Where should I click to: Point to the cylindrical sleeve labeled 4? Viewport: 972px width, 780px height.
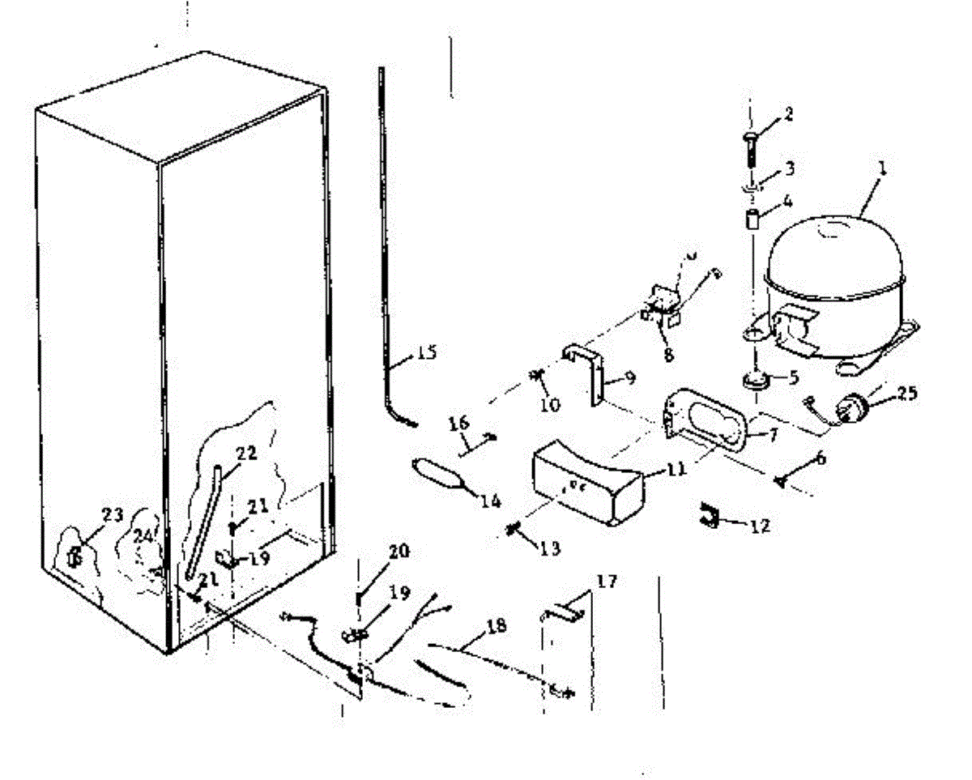751,220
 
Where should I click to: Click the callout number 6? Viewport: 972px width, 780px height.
820,458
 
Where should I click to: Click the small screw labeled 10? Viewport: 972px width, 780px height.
536,377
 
